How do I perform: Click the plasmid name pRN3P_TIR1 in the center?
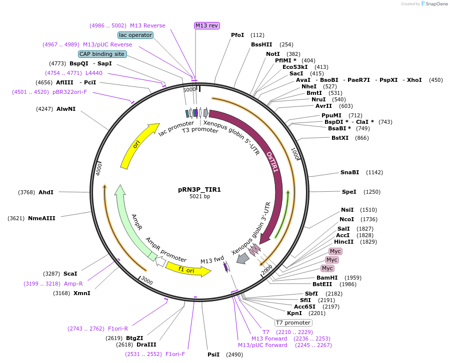click(x=199, y=190)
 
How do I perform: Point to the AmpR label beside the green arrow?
click(x=136, y=222)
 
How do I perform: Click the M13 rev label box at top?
click(x=206, y=25)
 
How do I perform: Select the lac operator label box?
click(x=135, y=35)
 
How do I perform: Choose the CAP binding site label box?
click(x=102, y=54)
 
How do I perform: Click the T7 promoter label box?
click(x=293, y=323)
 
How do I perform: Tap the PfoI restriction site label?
click(x=237, y=35)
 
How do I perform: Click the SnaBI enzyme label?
click(x=349, y=172)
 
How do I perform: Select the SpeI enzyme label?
click(x=349, y=192)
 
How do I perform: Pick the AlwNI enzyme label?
click(x=66, y=109)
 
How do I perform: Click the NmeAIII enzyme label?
click(x=41, y=218)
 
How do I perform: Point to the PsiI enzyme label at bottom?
click(x=213, y=355)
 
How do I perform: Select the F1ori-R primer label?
click(x=118, y=329)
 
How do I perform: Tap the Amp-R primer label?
click(x=73, y=284)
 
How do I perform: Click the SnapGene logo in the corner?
click(x=432, y=4)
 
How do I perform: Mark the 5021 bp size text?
click(x=199, y=197)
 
